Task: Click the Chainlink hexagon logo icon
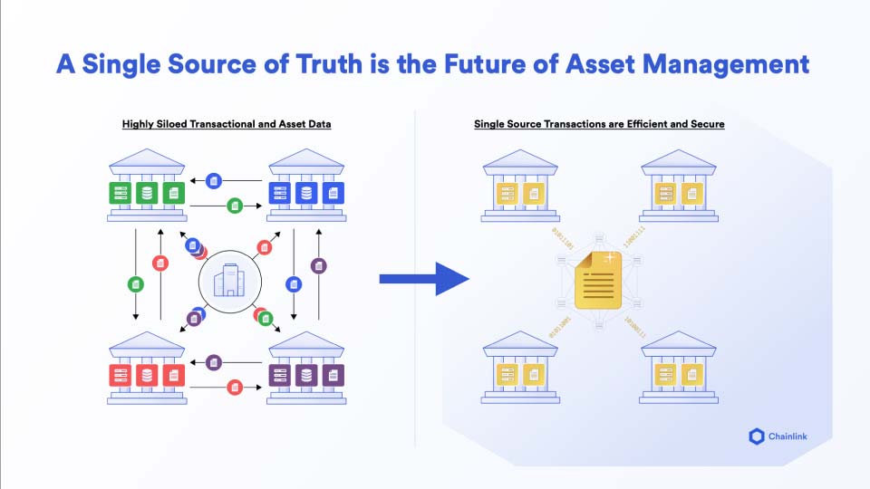point(757,436)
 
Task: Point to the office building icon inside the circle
point(230,282)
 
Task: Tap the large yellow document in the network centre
point(599,283)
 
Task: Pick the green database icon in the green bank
point(147,192)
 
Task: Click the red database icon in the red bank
point(147,373)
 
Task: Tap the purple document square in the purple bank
point(333,373)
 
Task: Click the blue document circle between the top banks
point(214,180)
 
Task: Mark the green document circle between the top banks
point(235,206)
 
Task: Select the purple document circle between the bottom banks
point(214,362)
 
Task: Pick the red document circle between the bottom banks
point(235,387)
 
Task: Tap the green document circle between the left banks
point(135,283)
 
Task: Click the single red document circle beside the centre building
point(265,246)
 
